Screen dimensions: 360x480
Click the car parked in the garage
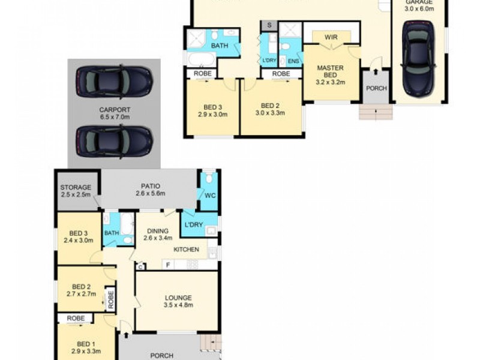pos(418,58)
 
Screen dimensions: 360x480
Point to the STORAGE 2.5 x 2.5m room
pos(76,191)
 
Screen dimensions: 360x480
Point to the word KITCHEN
pos(186,249)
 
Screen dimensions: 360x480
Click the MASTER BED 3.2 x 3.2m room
pos(330,72)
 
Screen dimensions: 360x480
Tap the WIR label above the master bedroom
pos(331,37)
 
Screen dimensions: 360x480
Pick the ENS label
pos(293,61)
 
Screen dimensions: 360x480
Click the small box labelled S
pos(269,25)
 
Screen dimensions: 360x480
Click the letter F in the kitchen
pos(168,265)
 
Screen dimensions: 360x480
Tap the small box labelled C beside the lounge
pos(140,266)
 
